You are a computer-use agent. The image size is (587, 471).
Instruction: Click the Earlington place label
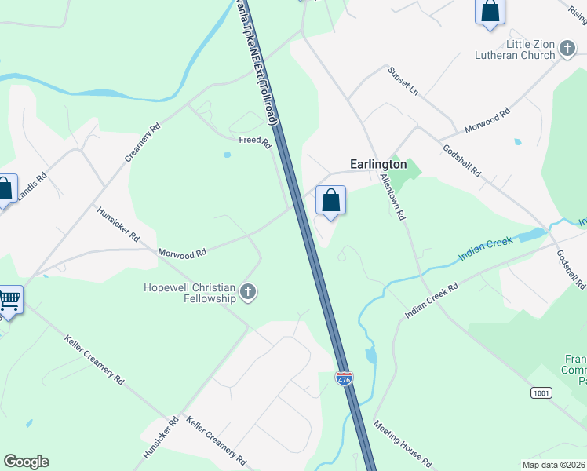click(377, 165)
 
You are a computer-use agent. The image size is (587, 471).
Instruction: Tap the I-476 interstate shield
click(344, 378)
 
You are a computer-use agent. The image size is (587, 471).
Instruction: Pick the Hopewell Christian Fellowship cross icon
click(248, 293)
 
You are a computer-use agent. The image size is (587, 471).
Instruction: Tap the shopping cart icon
click(9, 299)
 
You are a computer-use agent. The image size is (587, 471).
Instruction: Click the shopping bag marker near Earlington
click(331, 200)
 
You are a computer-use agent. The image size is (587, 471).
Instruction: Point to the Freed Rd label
click(255, 142)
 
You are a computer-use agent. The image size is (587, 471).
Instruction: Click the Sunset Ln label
click(403, 81)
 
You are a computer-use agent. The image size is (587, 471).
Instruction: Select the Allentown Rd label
click(392, 196)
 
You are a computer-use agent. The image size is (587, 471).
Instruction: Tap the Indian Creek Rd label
click(431, 301)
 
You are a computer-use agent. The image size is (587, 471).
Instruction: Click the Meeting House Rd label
click(403, 444)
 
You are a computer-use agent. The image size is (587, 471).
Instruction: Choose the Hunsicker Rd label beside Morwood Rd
click(118, 224)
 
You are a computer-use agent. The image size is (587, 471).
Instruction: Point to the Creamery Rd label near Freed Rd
click(142, 142)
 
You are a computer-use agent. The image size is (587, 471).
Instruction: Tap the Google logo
click(26, 462)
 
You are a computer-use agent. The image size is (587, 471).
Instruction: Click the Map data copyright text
click(554, 463)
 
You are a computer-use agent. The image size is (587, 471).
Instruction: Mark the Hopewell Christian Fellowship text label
click(190, 293)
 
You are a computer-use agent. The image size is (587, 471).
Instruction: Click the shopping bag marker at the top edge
click(490, 12)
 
